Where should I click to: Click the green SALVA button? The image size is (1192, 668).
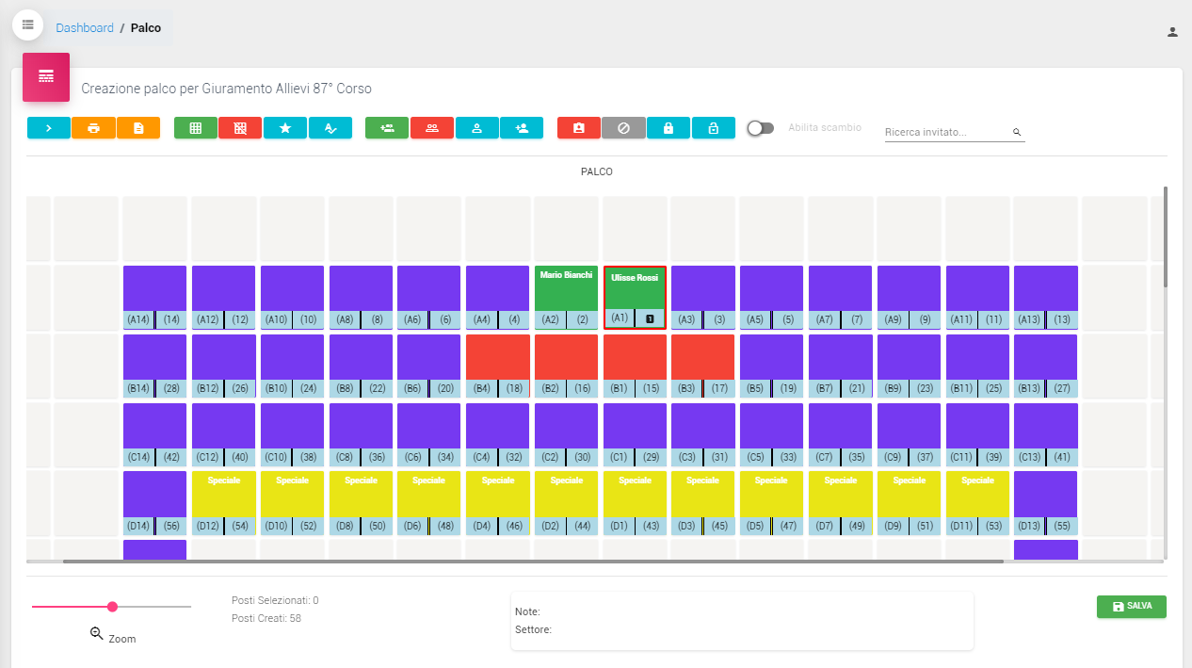click(1131, 607)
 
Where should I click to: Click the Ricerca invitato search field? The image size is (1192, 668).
click(946, 133)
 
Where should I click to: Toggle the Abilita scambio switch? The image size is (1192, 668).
click(760, 128)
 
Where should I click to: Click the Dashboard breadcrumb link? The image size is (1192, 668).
click(85, 28)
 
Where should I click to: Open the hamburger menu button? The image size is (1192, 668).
click(27, 24)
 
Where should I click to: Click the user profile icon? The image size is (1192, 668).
click(1172, 32)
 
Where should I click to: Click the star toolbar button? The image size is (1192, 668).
click(285, 128)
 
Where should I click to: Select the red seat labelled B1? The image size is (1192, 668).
click(635, 357)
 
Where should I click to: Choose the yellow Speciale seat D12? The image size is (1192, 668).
click(223, 494)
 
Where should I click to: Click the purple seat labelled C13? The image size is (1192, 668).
click(1045, 426)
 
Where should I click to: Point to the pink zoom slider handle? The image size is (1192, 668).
click(112, 607)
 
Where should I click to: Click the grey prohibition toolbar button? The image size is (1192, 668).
click(623, 128)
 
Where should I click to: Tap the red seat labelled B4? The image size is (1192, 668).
click(497, 357)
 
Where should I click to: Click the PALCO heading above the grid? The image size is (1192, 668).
click(597, 172)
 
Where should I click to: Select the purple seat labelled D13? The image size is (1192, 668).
click(1045, 494)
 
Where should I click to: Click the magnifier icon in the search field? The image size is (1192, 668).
click(1017, 133)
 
